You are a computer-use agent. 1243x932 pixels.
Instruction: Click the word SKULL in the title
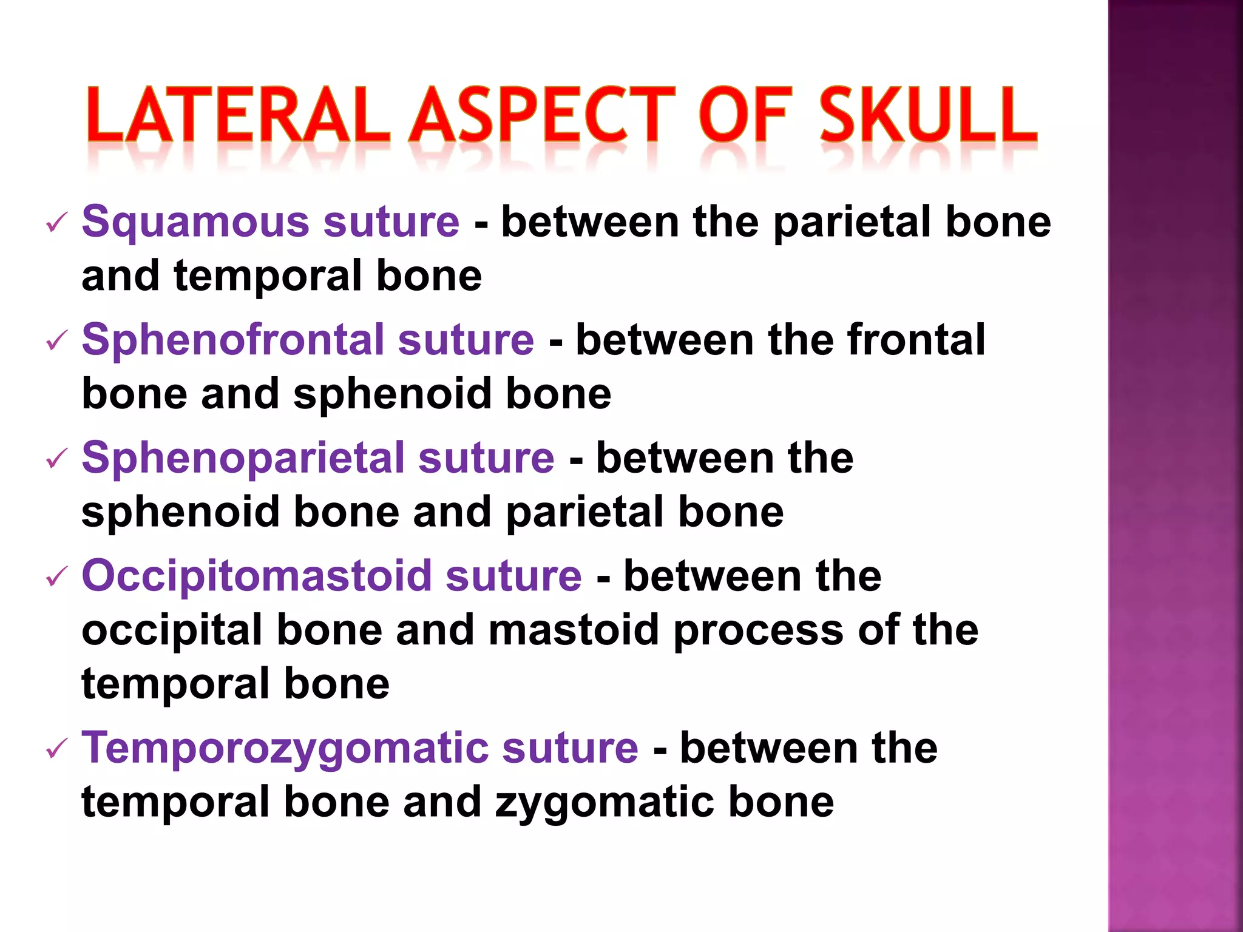click(x=929, y=115)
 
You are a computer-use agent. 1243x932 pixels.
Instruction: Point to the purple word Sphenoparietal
click(x=243, y=458)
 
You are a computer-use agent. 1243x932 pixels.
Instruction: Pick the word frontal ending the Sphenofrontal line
click(x=916, y=340)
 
